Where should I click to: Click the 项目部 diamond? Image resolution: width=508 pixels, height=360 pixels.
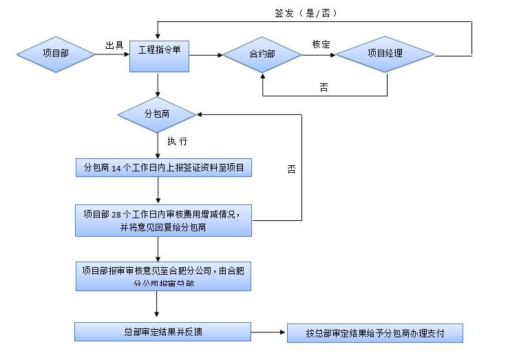click(56, 54)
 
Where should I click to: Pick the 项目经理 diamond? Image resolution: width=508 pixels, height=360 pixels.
click(385, 54)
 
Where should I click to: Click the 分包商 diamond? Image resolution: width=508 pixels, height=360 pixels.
click(158, 113)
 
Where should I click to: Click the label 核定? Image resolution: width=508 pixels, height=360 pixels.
click(321, 44)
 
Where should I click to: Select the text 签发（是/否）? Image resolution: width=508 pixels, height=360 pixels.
click(306, 13)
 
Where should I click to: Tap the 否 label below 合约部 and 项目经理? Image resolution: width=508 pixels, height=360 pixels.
click(324, 87)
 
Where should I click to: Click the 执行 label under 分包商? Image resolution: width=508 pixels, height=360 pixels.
click(177, 141)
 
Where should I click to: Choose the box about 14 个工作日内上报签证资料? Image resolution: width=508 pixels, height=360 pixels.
click(163, 167)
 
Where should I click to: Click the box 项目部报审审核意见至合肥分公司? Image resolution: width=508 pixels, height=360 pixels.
click(163, 275)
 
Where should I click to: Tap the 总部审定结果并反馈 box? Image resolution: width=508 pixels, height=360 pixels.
click(163, 332)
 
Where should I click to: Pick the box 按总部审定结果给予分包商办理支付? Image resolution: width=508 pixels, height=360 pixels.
click(375, 333)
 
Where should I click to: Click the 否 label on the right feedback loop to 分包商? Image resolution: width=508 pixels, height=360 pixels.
click(291, 169)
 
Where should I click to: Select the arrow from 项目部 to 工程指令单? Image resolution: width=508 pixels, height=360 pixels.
click(112, 54)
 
